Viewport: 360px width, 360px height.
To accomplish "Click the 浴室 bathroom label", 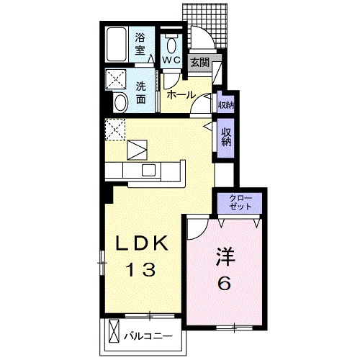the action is pos(140,44).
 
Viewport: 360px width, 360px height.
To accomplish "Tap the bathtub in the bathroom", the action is pos(117,45).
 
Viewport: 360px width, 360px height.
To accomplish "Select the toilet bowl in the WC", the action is pos(171,45).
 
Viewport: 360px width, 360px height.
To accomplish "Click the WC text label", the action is pos(171,60).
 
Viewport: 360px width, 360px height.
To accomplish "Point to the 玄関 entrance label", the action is pos(199,63).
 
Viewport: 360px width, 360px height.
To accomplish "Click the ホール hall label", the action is pos(181,95).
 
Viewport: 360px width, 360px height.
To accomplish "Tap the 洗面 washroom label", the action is pos(141,93).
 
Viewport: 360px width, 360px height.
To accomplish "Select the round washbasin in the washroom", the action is pos(121,103).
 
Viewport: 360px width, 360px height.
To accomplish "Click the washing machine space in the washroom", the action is pos(116,79).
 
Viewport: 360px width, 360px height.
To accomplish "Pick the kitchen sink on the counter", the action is pos(148,170).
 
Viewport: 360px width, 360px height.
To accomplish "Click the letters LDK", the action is pos(142,243).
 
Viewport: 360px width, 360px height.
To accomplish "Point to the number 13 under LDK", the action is pos(142,269).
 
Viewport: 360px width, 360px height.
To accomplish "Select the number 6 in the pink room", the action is pos(224,283).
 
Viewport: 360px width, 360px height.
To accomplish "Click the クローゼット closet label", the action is pos(240,203).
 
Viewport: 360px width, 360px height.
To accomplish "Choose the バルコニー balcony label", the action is pos(148,336).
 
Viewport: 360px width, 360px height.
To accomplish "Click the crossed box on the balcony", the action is pos(114,330).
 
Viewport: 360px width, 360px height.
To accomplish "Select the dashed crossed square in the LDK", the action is pos(115,130).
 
